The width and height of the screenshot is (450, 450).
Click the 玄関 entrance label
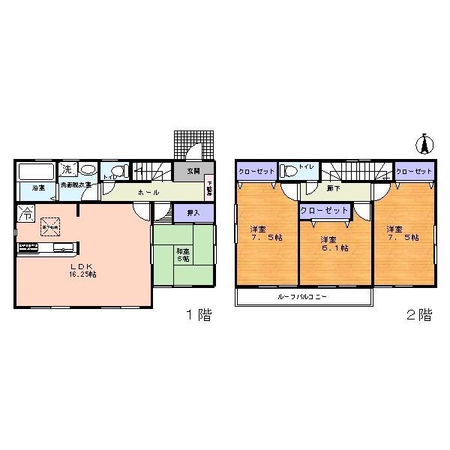point(193,171)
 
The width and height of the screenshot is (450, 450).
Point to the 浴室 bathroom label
point(37,188)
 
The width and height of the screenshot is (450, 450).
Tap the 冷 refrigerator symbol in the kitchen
point(25,213)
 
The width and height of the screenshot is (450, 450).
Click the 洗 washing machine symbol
point(67,169)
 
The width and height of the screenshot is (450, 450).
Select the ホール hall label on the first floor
point(147,192)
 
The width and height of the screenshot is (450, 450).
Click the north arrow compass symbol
point(424,143)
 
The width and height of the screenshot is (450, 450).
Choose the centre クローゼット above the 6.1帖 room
point(324,211)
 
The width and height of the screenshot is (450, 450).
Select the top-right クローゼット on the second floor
point(414,171)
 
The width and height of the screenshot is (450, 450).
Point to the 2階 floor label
point(419,315)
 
